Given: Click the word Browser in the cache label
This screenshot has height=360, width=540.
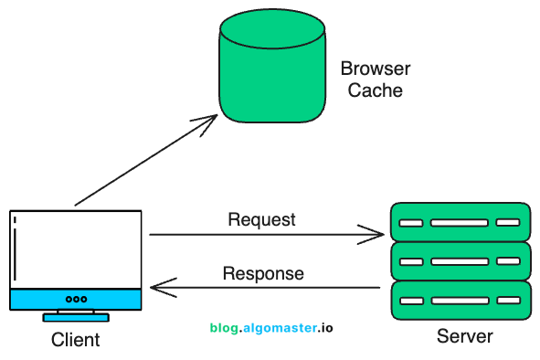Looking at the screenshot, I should [375, 69].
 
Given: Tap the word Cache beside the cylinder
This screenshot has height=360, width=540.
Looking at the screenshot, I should [375, 91].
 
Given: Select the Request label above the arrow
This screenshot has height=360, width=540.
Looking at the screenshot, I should [261, 219].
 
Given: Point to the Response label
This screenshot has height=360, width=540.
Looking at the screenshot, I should [263, 273].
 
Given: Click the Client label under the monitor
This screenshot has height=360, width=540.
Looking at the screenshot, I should [75, 341].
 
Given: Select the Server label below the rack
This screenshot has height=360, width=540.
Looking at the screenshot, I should [464, 335].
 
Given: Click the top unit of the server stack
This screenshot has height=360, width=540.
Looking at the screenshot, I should [460, 222].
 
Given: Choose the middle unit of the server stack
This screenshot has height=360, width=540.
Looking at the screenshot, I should [460, 260].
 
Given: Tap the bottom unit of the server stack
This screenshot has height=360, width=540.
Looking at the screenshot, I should [460, 300].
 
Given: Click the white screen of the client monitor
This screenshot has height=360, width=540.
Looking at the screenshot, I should [78, 249].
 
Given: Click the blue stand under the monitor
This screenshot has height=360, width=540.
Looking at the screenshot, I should [76, 317].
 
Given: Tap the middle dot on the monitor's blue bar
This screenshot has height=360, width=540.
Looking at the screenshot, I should [76, 299].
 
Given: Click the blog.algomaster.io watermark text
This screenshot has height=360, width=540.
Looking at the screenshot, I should [271, 326].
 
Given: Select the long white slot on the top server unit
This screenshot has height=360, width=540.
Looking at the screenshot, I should [460, 222].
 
